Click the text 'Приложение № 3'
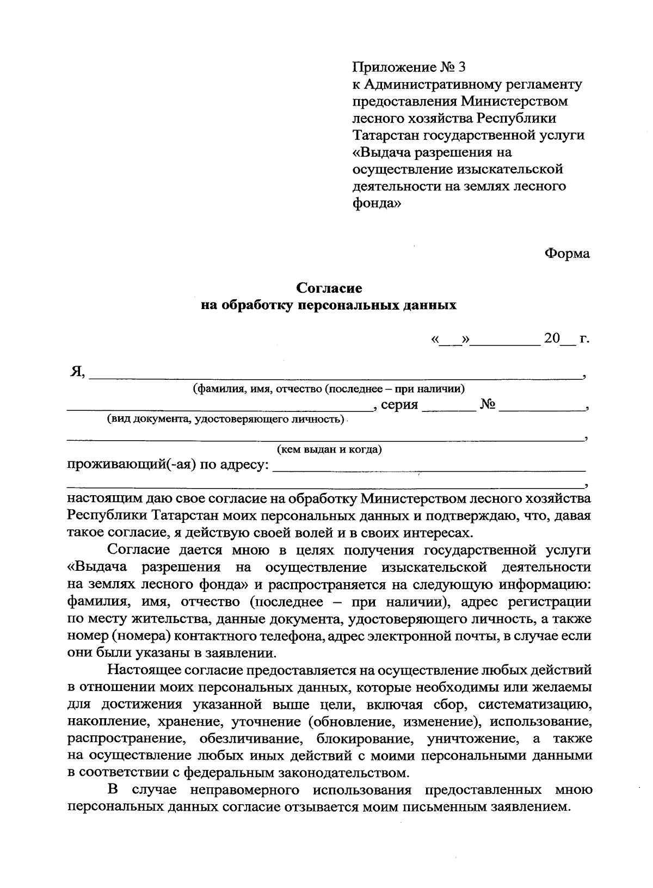[409, 67]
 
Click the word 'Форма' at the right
[567, 254]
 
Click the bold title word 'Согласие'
[329, 288]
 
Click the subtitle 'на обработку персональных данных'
[329, 305]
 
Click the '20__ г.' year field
[566, 339]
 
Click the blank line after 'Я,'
[335, 374]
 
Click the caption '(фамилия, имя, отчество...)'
[329, 389]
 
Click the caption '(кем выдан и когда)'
[329, 450]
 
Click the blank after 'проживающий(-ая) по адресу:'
[428, 467]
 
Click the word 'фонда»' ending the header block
[377, 203]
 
